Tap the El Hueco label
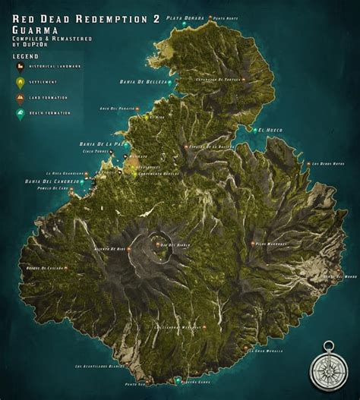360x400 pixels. tap(271, 130)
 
